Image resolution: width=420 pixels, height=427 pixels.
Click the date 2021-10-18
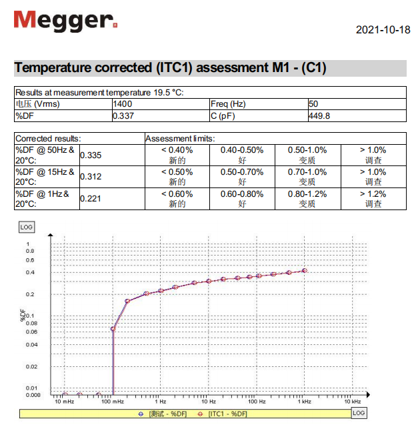(x=383, y=29)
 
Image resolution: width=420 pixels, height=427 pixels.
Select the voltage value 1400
(x=123, y=104)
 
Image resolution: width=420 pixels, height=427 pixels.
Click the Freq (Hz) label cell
(x=229, y=104)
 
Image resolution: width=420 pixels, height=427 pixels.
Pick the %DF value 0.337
(x=123, y=115)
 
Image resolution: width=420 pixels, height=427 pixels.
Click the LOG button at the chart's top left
(x=26, y=227)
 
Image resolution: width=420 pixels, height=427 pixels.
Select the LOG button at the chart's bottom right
(x=359, y=413)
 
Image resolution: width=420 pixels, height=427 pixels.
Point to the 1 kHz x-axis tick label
(x=305, y=402)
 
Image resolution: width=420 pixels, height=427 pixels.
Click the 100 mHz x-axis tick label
(x=113, y=402)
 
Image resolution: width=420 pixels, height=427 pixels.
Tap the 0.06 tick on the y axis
(x=30, y=332)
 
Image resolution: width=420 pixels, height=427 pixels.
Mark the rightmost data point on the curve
(x=305, y=270)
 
